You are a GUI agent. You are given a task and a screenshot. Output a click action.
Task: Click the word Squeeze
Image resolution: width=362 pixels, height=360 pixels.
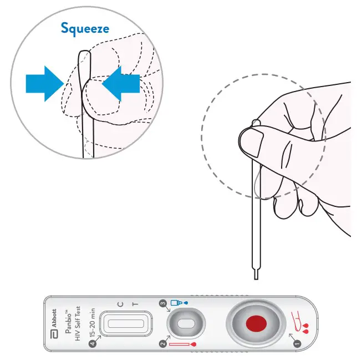[x=85, y=29]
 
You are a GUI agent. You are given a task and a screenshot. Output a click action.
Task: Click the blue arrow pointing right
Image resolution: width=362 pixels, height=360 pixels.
[x=45, y=84]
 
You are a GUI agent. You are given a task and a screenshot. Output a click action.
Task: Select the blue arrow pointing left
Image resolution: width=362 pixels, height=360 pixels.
[x=121, y=84]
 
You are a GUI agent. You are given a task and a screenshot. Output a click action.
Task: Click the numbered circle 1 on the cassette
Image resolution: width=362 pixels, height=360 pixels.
[x=297, y=343]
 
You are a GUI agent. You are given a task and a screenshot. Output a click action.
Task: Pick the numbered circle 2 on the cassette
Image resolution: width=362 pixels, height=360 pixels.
[x=163, y=343]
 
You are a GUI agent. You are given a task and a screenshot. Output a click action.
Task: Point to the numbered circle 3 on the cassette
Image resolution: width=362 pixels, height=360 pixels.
[x=163, y=303]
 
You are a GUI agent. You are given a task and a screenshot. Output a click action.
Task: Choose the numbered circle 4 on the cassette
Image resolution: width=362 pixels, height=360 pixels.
[x=93, y=343]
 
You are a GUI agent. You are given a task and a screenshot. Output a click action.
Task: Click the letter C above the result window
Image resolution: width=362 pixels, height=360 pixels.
[x=120, y=305]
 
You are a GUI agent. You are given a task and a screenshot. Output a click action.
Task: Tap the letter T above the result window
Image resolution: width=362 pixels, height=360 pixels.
[x=135, y=305]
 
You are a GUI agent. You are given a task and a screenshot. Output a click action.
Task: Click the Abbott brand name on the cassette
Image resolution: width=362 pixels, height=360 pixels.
[x=54, y=318]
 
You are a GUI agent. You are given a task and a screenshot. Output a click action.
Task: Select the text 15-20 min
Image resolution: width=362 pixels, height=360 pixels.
[x=92, y=322]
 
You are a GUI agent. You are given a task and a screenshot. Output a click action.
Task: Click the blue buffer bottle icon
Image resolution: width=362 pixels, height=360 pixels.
[x=177, y=303]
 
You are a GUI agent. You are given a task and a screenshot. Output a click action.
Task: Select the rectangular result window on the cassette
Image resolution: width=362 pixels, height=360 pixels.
[x=126, y=323]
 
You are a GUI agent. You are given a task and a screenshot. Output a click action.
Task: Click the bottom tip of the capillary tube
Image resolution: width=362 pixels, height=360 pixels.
[x=256, y=279]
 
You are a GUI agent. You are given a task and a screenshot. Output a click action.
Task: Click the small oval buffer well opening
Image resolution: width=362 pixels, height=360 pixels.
[x=186, y=323]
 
